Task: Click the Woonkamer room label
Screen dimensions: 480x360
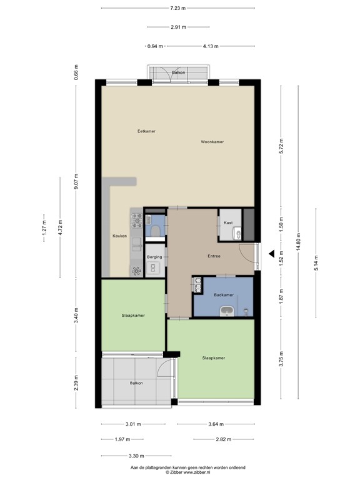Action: [x=212, y=142]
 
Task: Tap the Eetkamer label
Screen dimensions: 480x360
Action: [x=146, y=131]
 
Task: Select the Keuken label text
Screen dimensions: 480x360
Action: [x=119, y=236]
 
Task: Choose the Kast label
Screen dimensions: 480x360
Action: [x=228, y=222]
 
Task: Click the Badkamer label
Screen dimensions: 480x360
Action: [x=223, y=294]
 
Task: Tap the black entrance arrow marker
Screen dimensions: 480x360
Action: [x=271, y=254]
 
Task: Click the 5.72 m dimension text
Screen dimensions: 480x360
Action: [x=281, y=146]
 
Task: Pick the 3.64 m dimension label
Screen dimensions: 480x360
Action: [x=215, y=424]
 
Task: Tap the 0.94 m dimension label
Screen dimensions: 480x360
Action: [x=155, y=46]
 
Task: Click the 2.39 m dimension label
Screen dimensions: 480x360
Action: [x=76, y=383]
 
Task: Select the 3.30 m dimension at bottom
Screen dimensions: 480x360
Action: [x=135, y=456]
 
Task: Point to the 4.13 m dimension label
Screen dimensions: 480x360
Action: [x=211, y=46]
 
